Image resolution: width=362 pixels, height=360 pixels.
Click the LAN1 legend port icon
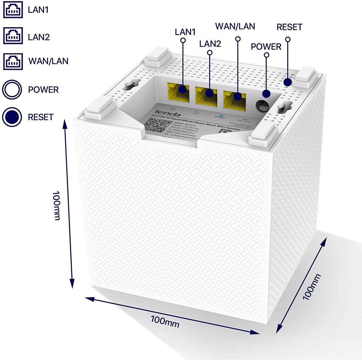coord(13,9)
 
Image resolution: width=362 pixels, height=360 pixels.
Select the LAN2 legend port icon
coord(13,36)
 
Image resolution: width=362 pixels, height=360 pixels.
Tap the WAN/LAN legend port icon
coord(13,61)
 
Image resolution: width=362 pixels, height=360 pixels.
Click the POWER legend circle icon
coord(12,89)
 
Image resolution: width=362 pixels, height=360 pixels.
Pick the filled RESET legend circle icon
coord(12,117)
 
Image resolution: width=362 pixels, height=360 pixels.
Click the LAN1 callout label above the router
coord(185,32)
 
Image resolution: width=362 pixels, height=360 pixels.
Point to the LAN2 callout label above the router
coord(210,44)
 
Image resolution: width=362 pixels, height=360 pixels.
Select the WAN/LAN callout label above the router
coord(235,26)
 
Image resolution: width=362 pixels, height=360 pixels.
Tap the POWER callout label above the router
coord(266,47)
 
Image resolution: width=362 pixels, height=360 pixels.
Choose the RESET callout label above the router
coord(289,27)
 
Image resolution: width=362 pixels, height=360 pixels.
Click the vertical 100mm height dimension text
coord(56,205)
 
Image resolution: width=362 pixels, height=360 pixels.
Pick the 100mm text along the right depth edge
coord(311,287)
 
